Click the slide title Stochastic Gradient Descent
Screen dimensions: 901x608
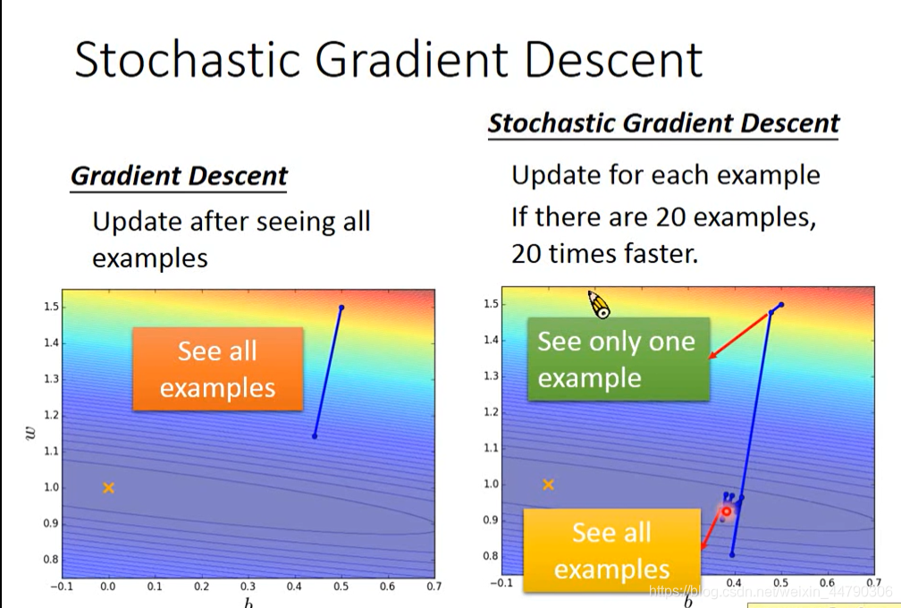389,59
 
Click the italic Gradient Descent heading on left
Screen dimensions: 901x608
179,176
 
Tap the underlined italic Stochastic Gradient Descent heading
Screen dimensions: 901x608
663,123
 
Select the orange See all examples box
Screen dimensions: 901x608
218,369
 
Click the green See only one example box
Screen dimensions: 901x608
619,359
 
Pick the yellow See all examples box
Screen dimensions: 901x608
612,551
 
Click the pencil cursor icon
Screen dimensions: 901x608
599,304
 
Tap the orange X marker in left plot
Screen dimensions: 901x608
109,488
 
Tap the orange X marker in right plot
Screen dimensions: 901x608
548,485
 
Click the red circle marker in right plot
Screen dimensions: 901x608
727,511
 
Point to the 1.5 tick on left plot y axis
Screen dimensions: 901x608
52,307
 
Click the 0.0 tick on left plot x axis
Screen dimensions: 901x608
108,587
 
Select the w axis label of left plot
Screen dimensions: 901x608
30,433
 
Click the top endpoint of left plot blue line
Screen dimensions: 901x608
341,308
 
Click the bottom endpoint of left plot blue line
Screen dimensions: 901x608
315,436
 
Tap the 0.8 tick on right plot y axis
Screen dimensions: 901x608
490,556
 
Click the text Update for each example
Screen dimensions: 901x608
665,175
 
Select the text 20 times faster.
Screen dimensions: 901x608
604,253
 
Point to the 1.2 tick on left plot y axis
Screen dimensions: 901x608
52,415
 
